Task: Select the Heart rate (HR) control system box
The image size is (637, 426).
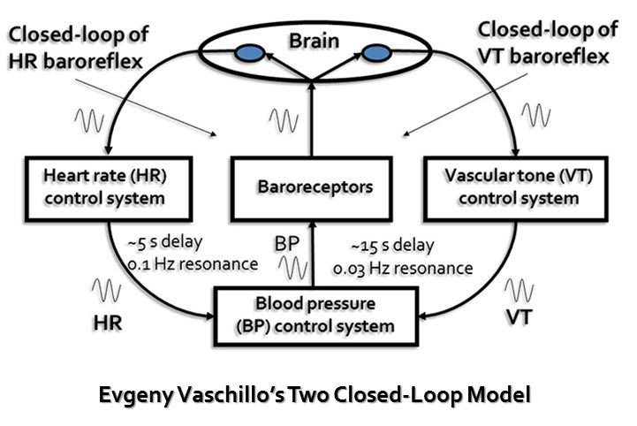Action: [110, 186]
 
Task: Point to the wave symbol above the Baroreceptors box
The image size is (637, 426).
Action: [284, 118]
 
